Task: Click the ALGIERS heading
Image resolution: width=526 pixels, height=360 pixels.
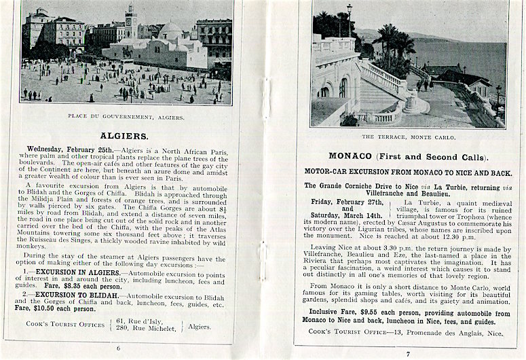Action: point(124,135)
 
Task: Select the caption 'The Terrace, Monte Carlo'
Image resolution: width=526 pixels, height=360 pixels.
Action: point(409,137)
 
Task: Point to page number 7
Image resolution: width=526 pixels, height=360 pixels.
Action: point(408,353)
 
